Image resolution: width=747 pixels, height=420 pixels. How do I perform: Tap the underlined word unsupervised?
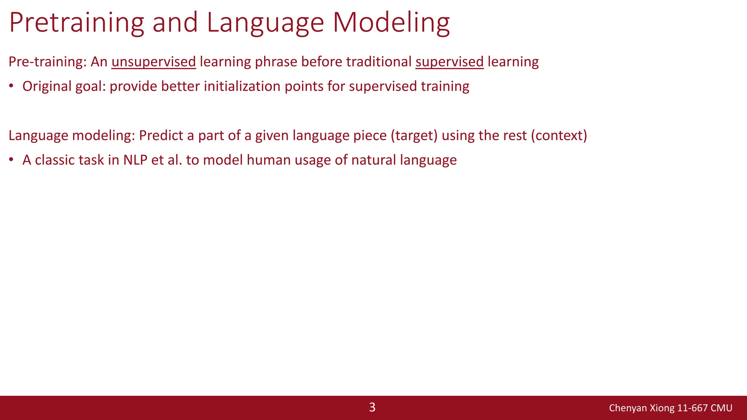click(x=154, y=62)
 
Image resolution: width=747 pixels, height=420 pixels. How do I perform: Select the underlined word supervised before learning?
click(x=449, y=62)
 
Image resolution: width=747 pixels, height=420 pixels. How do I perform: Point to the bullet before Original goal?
click(x=11, y=87)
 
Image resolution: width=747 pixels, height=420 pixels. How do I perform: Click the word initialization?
click(x=242, y=86)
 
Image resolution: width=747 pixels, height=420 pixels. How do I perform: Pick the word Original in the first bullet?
click(x=47, y=86)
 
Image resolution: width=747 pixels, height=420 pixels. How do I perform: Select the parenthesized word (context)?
click(x=559, y=136)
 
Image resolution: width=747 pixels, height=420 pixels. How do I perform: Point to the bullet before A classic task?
click(x=11, y=160)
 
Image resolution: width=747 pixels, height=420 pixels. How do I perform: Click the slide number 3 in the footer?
click(x=372, y=407)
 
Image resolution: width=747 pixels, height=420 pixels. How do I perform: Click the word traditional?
click(x=379, y=62)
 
